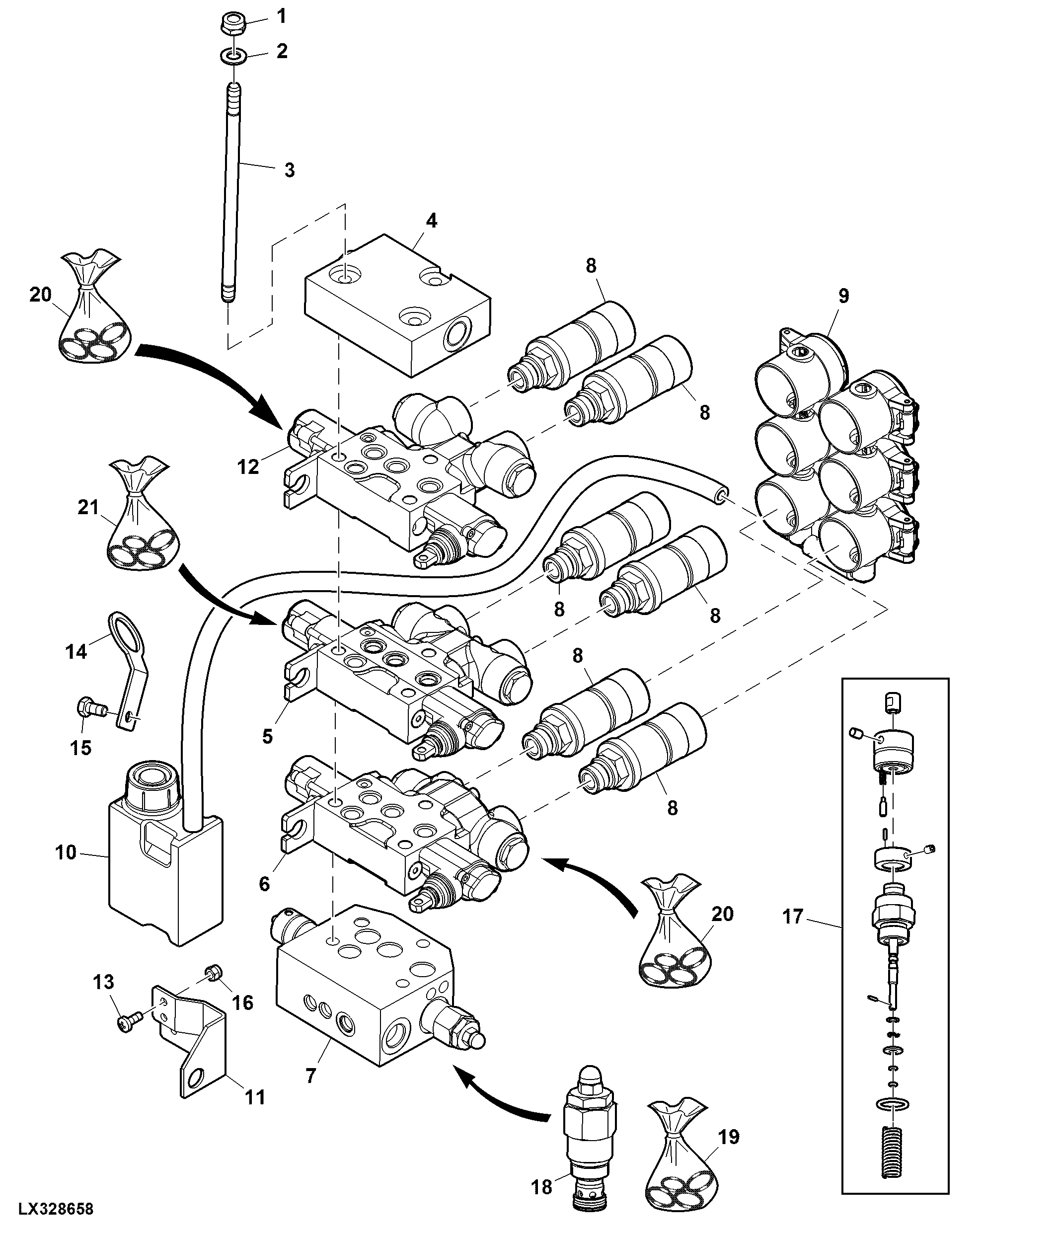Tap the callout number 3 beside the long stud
290,170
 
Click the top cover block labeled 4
397,305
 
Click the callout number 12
248,467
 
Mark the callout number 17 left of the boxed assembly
793,917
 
